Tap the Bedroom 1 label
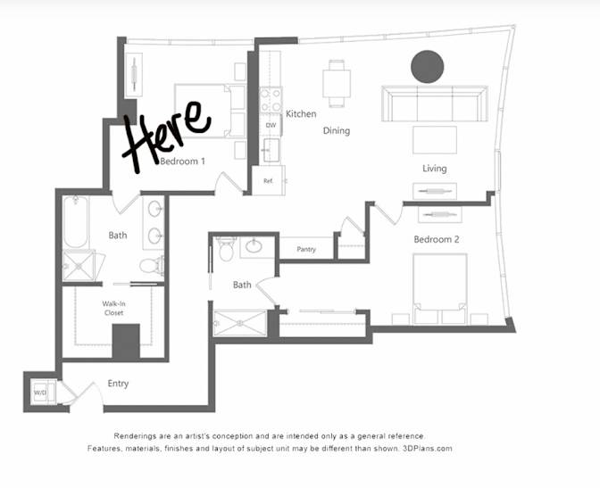point(182,161)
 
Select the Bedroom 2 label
point(437,239)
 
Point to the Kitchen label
point(301,113)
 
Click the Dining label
point(337,131)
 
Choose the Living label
point(434,169)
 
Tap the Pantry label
point(306,250)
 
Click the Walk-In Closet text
point(113,309)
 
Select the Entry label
point(118,384)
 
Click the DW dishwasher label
point(271,125)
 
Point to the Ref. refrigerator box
point(268,180)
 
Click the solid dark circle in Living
point(428,67)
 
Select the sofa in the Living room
point(435,103)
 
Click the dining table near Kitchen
point(337,83)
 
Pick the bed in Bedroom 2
point(440,289)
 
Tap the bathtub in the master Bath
point(76,222)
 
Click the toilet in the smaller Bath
point(226,249)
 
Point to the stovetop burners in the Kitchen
point(271,99)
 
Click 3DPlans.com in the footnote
point(428,448)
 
